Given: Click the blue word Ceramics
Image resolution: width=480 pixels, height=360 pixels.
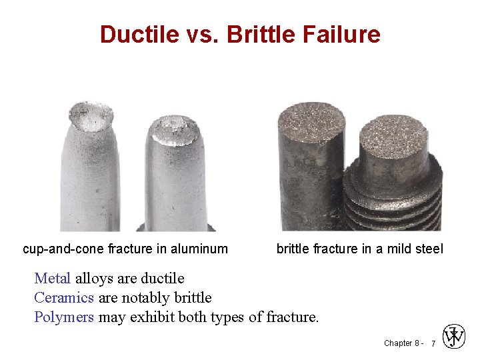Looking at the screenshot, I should (x=64, y=297).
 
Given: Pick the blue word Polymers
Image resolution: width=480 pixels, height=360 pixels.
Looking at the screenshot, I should (x=64, y=317).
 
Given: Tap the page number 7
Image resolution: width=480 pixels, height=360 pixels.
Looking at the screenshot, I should (x=433, y=343).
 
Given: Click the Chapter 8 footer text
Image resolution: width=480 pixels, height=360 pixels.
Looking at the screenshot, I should (x=401, y=343).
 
